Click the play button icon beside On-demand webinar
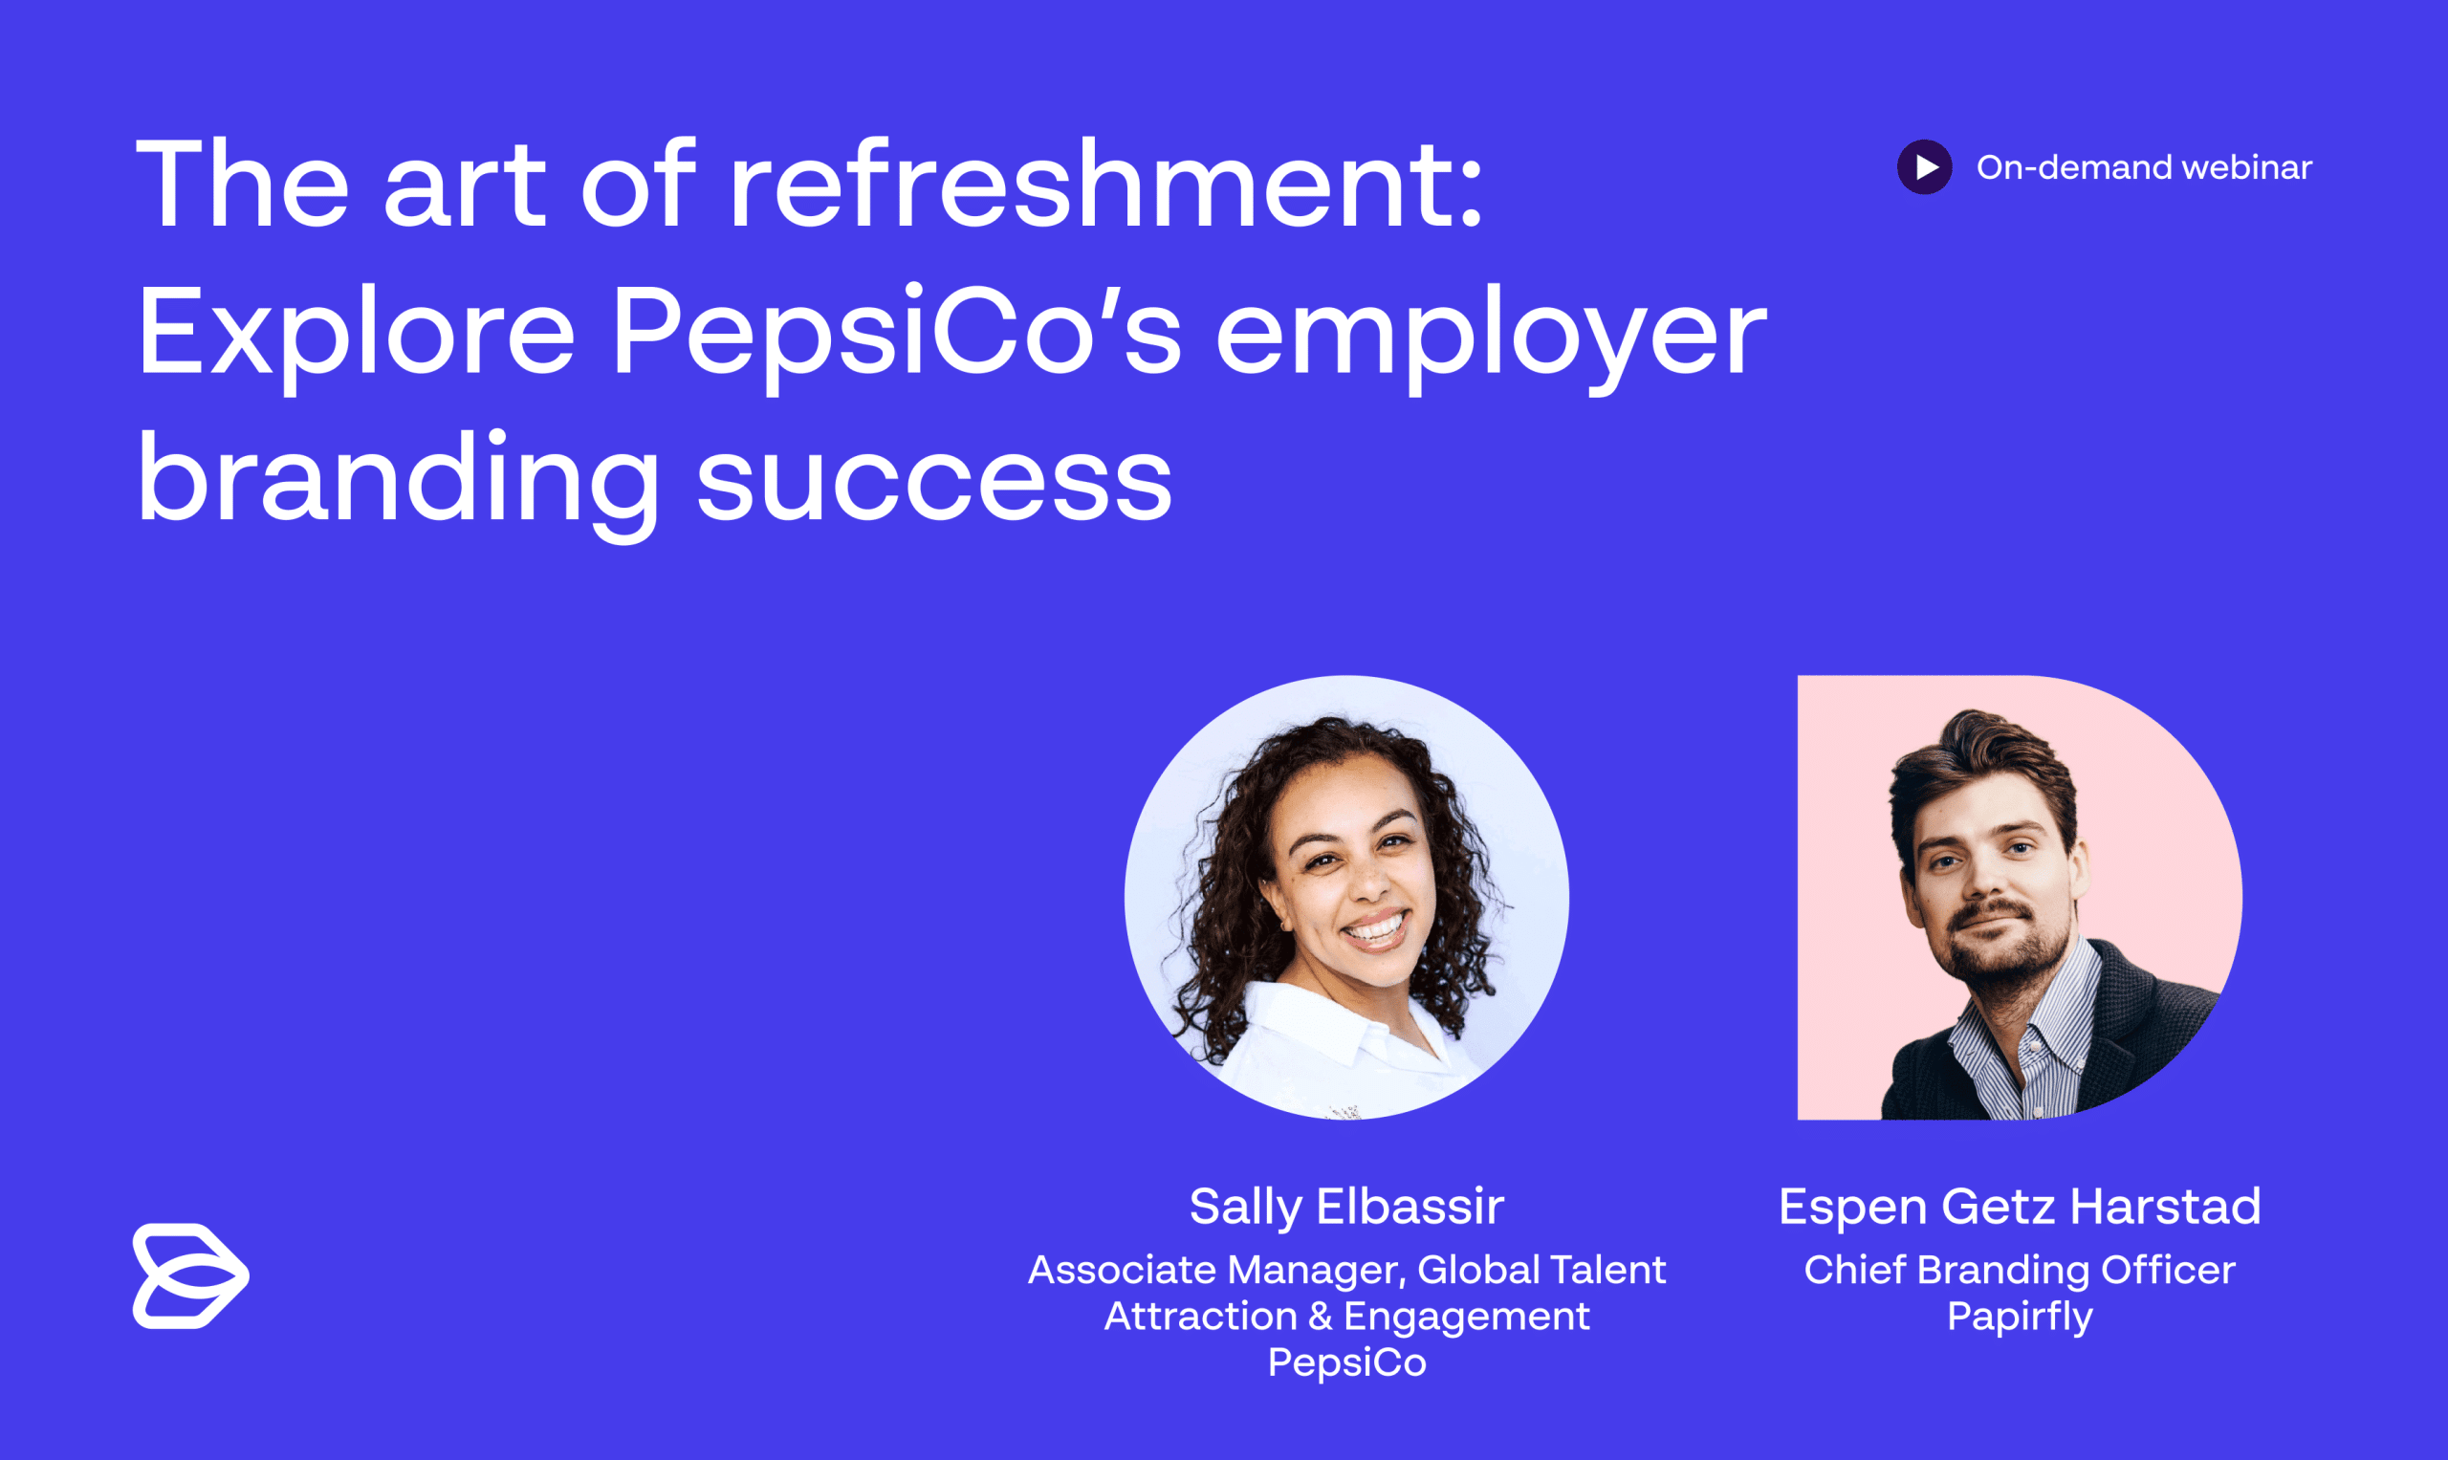1925,167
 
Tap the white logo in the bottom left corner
190,1276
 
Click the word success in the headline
934,482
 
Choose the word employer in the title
1491,335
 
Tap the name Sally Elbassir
1346,1207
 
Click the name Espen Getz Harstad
2019,1207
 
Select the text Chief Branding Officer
2019,1270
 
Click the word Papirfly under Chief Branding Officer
2019,1317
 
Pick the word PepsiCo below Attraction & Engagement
1346,1362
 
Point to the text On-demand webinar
2143,167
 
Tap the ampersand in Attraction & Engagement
1320,1317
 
